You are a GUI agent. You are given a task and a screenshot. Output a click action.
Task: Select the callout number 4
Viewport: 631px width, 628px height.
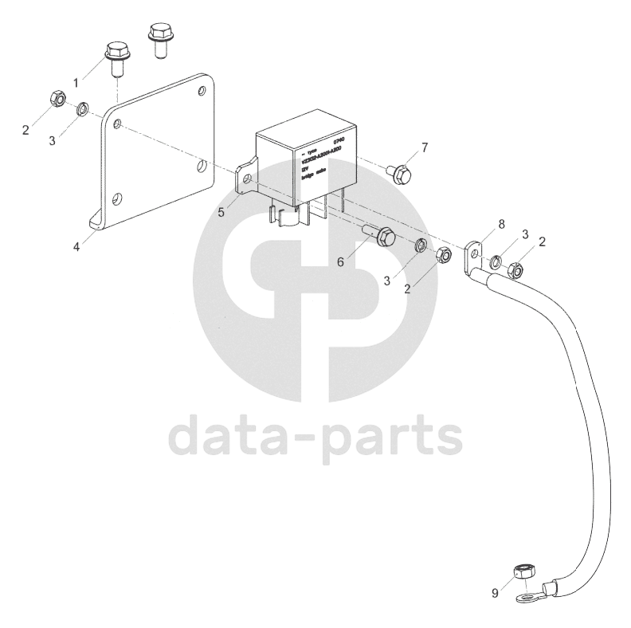76,246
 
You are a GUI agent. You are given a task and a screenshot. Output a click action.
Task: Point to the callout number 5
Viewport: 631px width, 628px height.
221,211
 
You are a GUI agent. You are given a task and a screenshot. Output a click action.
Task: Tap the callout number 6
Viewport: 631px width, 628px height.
340,261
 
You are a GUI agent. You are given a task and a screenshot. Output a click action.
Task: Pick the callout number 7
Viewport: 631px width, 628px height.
425,147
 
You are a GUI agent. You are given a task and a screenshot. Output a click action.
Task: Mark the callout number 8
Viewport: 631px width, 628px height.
501,225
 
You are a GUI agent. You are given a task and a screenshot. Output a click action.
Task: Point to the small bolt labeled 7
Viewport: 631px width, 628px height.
399,171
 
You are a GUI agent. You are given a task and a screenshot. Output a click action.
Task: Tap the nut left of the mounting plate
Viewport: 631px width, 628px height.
56,100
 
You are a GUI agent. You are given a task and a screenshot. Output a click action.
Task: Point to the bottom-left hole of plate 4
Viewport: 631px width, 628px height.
118,198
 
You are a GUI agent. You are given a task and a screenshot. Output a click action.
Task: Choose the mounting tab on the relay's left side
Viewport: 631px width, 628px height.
246,179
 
